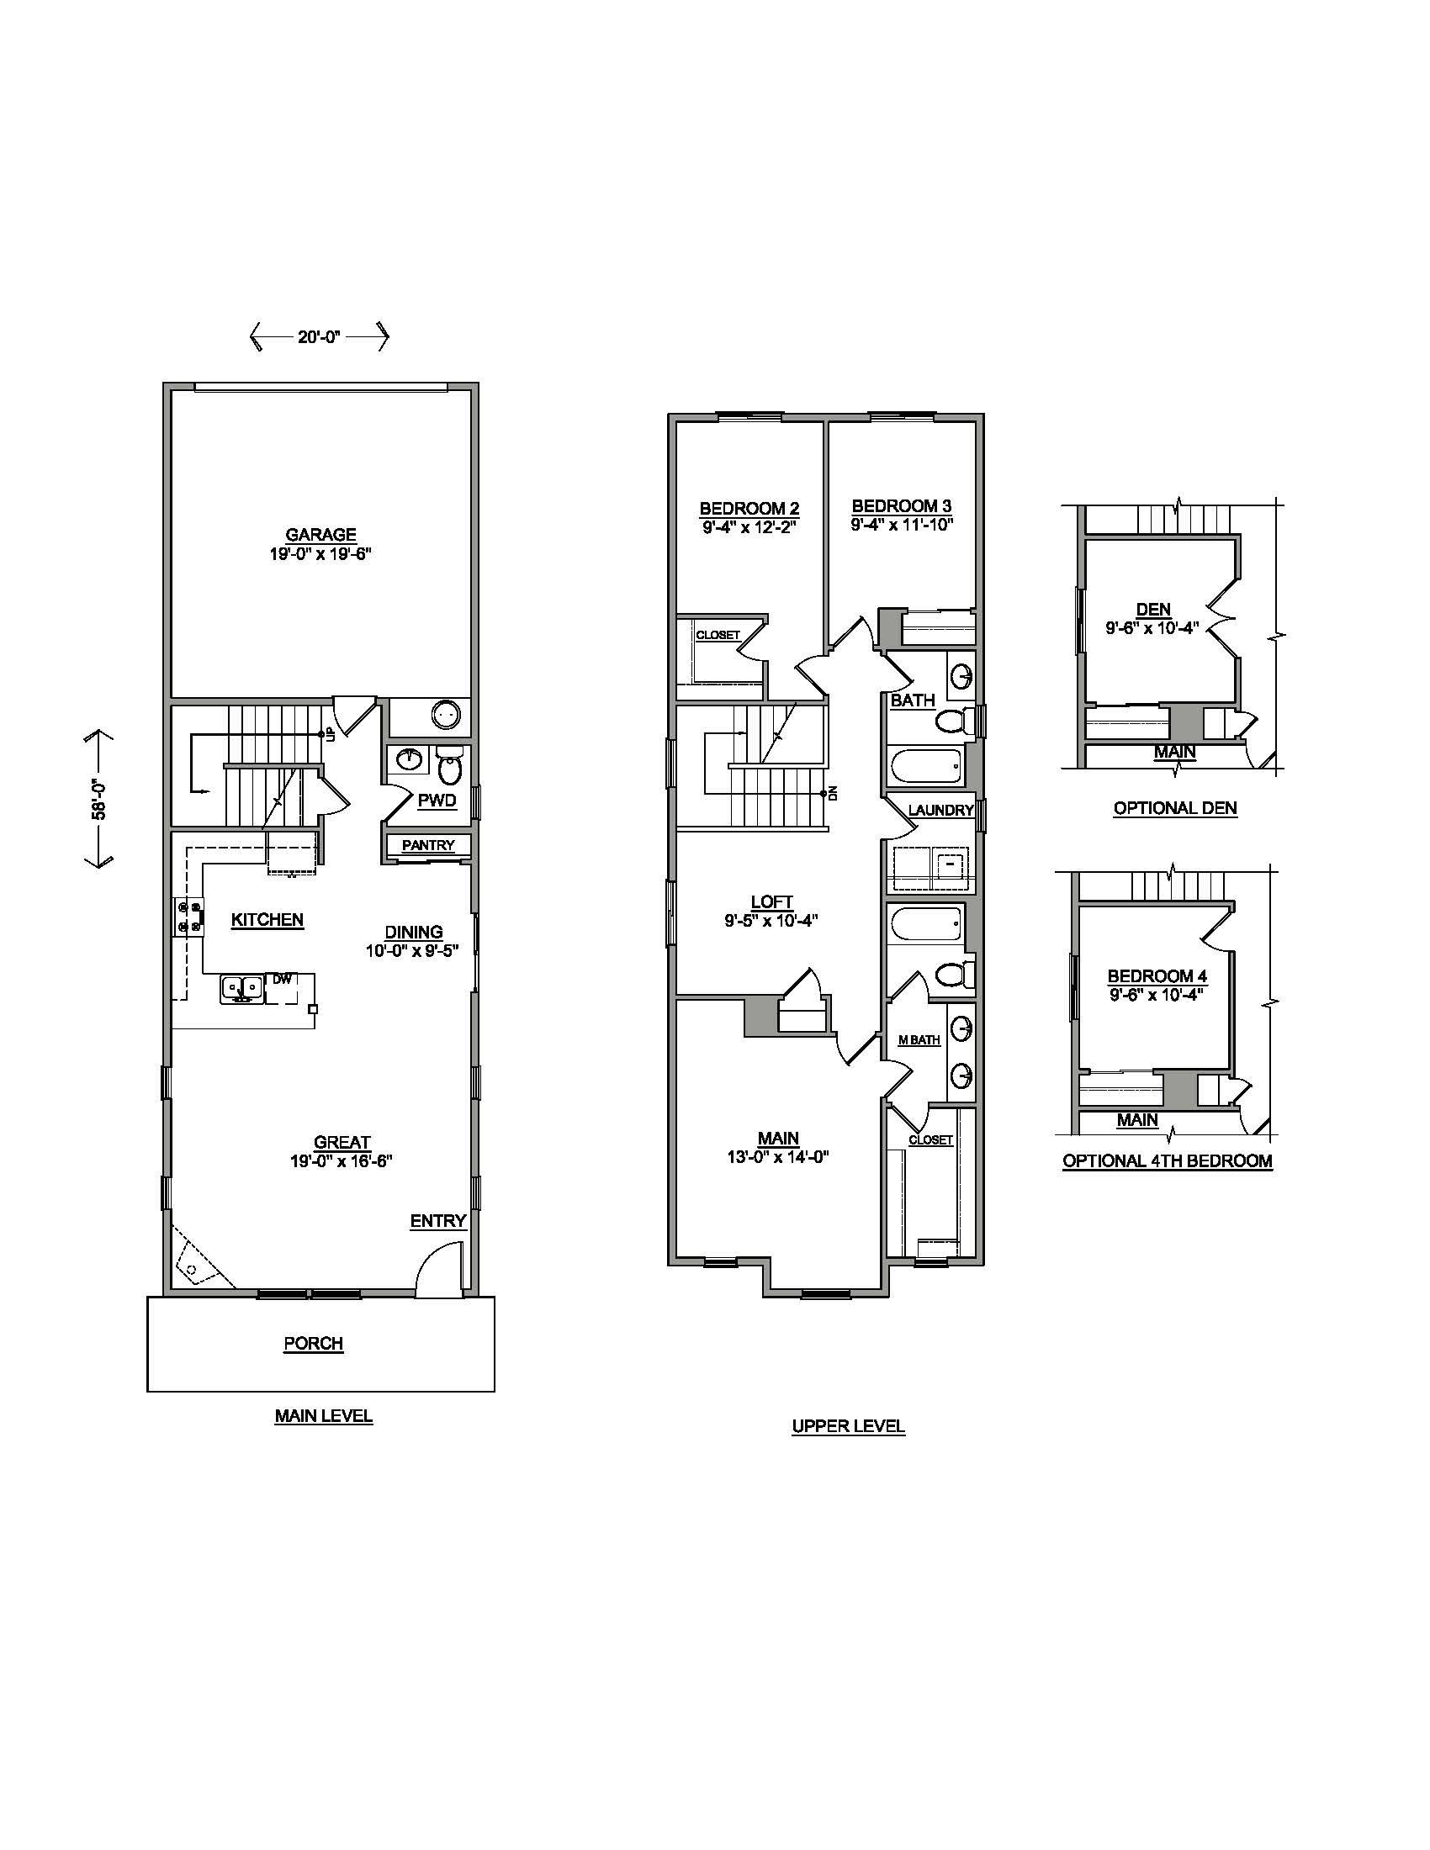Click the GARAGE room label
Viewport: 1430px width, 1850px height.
click(x=320, y=535)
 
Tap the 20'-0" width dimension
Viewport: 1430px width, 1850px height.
click(x=319, y=337)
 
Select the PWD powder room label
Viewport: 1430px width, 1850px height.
click(x=437, y=801)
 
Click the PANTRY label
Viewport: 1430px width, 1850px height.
click(x=428, y=845)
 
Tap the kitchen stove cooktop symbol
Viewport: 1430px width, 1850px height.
click(x=189, y=917)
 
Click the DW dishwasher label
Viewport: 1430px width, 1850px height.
click(x=282, y=978)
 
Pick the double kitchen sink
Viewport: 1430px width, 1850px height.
click(x=241, y=989)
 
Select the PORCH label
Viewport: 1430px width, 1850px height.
click(x=314, y=1344)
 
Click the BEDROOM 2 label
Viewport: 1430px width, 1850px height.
click(x=749, y=508)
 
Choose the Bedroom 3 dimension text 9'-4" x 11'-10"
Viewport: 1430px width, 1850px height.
click(x=903, y=524)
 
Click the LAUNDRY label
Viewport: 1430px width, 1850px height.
click(x=940, y=810)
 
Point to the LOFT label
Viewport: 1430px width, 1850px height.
click(x=771, y=902)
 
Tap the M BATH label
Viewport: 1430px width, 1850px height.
click(x=919, y=1040)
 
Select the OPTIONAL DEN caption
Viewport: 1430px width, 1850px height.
click(x=1175, y=808)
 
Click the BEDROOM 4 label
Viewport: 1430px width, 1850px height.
click(x=1157, y=975)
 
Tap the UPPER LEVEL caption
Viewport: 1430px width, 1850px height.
click(x=848, y=1426)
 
